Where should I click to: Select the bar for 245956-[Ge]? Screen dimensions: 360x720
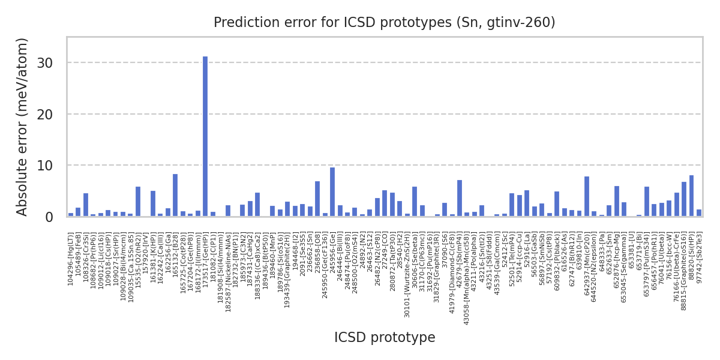pyautogui.click(x=332, y=192)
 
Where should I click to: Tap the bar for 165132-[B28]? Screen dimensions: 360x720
pyautogui.click(x=175, y=196)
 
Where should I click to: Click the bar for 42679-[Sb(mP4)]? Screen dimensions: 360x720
pyautogui.click(x=460, y=199)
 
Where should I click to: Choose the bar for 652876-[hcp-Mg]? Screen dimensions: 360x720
pyautogui.click(x=617, y=202)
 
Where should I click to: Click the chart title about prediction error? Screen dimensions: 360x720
pyautogui.click(x=384, y=23)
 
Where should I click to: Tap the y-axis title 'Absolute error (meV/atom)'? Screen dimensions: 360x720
pyautogui.click(x=23, y=127)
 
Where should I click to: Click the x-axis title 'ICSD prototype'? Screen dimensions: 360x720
pyautogui.click(x=385, y=338)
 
